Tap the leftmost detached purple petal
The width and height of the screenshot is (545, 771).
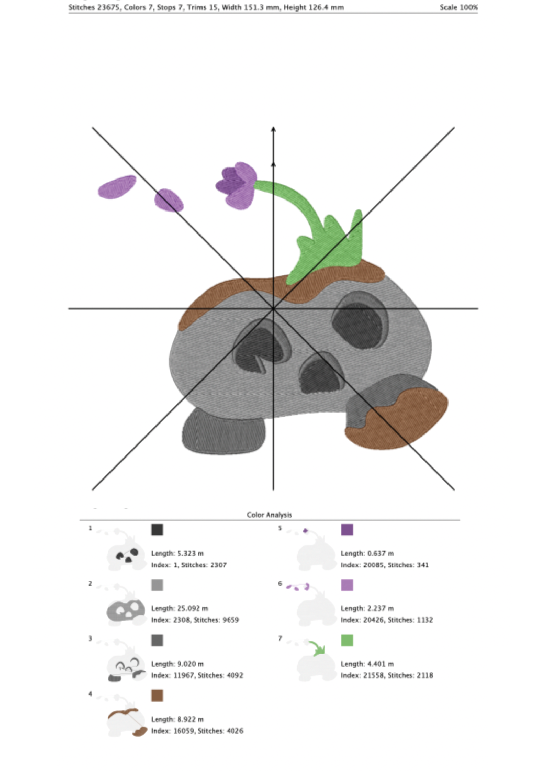pos(117,187)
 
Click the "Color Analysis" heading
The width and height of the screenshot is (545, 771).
pos(269,515)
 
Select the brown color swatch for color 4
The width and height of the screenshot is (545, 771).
pos(157,695)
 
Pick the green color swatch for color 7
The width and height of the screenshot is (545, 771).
pos(347,640)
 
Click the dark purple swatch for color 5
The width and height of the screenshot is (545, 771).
pos(347,530)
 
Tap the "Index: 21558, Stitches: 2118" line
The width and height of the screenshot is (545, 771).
pos(387,675)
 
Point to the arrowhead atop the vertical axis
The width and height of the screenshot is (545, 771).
pos(273,129)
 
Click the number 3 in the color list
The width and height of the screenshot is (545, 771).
pos(90,638)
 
